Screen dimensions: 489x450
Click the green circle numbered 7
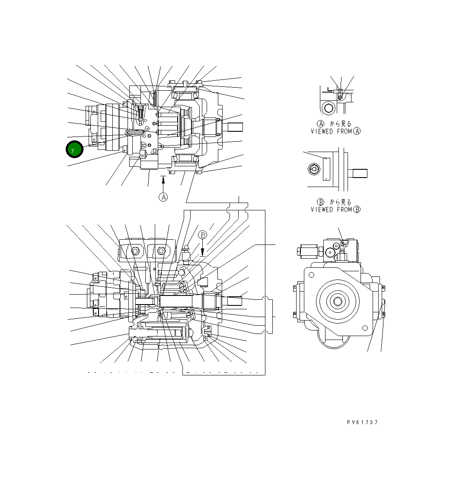pyautogui.click(x=74, y=149)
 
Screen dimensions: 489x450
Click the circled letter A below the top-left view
pyautogui.click(x=163, y=197)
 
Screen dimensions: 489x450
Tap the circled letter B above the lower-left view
pyautogui.click(x=203, y=235)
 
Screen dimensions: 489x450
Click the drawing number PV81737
pyautogui.click(x=362, y=422)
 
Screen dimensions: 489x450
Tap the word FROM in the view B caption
pyautogui.click(x=344, y=210)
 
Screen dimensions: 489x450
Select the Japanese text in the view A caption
pyautogui.click(x=341, y=124)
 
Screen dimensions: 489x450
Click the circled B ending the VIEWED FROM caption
pyautogui.click(x=357, y=210)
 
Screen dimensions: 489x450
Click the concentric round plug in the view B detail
pyautogui.click(x=313, y=170)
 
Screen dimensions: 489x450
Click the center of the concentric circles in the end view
pyautogui.click(x=337, y=300)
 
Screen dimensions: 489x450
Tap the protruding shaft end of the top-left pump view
pyautogui.click(x=233, y=127)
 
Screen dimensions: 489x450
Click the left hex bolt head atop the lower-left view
pyautogui.click(x=136, y=251)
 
